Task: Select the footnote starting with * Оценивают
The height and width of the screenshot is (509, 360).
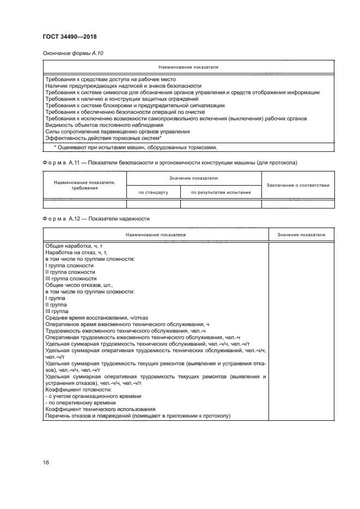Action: coord(135,147)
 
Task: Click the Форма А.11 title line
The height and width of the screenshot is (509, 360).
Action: coord(169,163)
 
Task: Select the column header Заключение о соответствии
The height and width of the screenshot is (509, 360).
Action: coord(297,185)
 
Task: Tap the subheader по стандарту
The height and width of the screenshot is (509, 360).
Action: coord(153,192)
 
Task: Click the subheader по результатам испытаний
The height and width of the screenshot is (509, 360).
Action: coord(221,192)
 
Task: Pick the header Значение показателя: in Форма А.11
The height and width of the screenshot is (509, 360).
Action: coord(194,178)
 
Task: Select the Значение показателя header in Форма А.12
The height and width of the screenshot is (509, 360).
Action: coord(301,235)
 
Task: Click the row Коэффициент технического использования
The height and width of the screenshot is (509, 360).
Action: coord(100,409)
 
